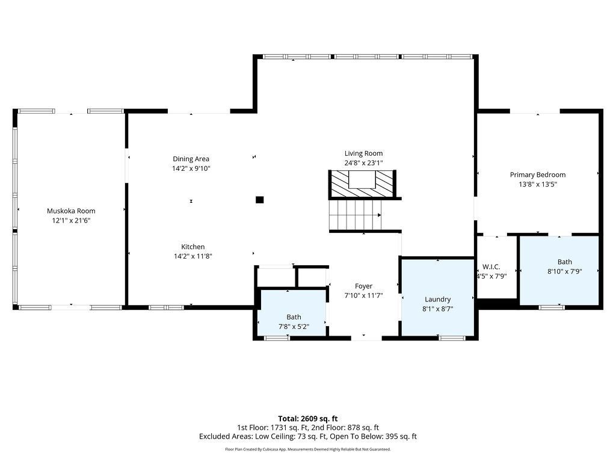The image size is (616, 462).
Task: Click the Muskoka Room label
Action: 71,211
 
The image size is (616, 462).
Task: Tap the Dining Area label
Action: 191,159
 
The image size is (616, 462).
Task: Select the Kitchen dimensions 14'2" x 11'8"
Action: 193,256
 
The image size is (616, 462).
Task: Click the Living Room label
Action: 363,153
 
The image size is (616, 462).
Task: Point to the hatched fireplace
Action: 362,184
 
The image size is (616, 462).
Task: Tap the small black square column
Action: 259,200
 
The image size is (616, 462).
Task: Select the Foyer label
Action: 363,286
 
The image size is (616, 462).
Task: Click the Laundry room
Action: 437,297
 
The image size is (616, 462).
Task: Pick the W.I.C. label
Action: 491,266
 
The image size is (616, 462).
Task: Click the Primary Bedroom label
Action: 537,174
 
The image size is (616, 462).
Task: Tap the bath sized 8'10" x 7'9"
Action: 559,270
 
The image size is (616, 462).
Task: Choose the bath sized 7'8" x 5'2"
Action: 293,313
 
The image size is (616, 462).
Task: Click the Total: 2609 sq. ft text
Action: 307,419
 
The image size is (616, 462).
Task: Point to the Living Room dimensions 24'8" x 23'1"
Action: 363,162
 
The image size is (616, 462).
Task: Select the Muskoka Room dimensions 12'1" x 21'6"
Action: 71,220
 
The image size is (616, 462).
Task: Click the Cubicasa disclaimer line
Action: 307,449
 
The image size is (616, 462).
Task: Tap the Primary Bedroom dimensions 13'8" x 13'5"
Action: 537,184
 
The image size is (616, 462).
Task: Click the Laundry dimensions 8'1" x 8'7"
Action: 437,309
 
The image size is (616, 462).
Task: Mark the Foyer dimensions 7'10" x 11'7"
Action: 363,295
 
